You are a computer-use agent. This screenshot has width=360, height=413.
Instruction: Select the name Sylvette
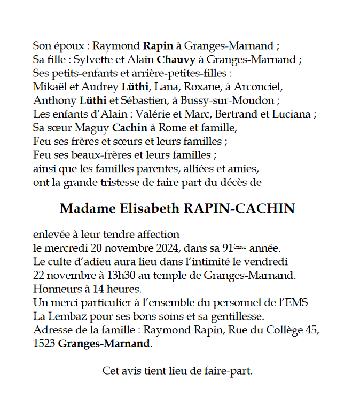point(91,59)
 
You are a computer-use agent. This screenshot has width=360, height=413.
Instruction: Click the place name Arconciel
point(258,87)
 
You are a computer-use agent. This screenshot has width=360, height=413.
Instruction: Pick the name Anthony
point(52,100)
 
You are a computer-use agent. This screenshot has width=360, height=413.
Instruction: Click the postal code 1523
point(43,344)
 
